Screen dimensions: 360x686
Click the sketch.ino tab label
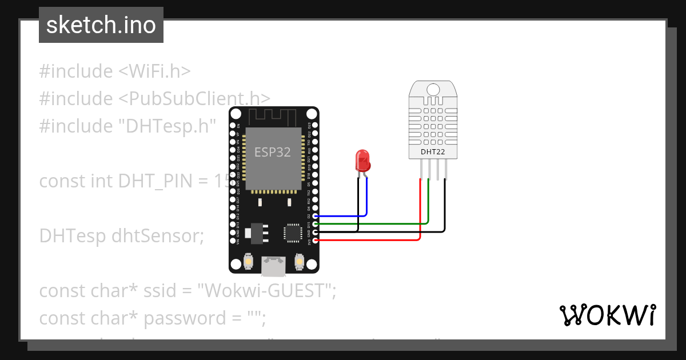101,25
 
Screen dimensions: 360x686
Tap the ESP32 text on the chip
272,153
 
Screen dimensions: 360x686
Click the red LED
362,161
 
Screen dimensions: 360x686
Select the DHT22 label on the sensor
433,152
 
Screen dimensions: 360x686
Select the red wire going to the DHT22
421,217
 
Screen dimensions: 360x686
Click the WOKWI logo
607,315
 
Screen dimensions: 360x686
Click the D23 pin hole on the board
315,125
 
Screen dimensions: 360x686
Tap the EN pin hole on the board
232,125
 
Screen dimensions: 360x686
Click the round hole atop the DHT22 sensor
433,89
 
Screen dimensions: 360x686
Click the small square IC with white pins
292,233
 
